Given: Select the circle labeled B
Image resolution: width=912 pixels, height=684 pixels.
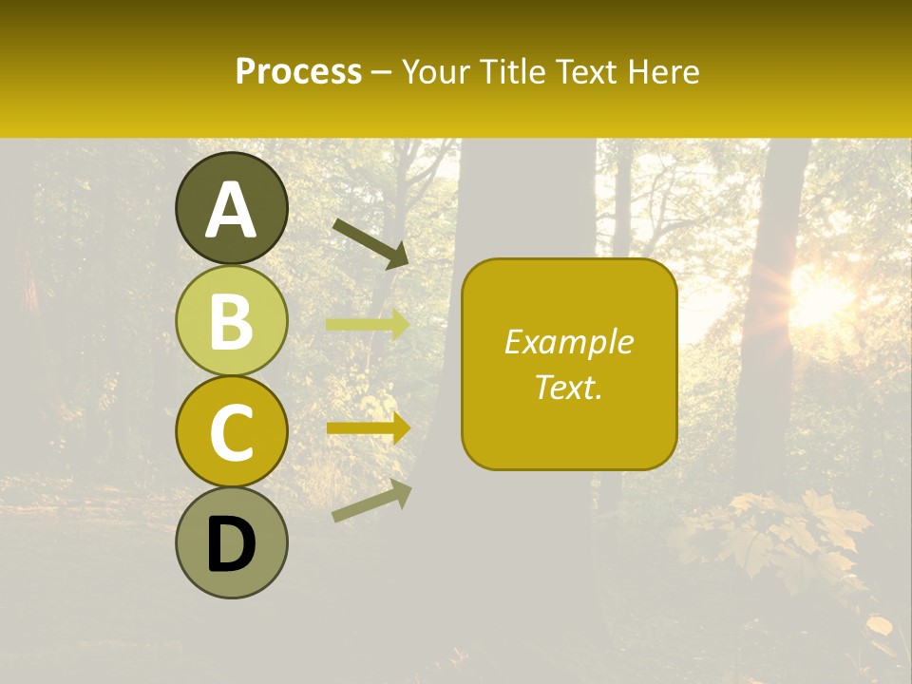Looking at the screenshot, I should (x=232, y=320).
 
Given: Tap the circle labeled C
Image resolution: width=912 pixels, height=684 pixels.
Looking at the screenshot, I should (x=232, y=432).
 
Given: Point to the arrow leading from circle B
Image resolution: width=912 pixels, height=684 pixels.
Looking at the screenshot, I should (x=369, y=324).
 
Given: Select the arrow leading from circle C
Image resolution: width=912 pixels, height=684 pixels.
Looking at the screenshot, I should (x=369, y=427).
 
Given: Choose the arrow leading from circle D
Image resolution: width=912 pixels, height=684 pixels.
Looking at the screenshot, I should (x=371, y=501).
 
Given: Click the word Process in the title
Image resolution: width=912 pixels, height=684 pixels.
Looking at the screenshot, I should (x=298, y=72).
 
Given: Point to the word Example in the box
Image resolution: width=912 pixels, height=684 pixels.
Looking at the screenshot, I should (x=569, y=342).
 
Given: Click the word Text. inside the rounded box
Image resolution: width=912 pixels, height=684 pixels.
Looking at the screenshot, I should (x=569, y=387).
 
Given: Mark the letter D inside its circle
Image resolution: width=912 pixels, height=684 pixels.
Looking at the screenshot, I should (x=232, y=545).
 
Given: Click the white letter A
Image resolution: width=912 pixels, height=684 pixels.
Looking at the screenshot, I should (x=232, y=210).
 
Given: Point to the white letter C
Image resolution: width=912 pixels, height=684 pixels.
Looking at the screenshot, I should (x=232, y=432).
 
